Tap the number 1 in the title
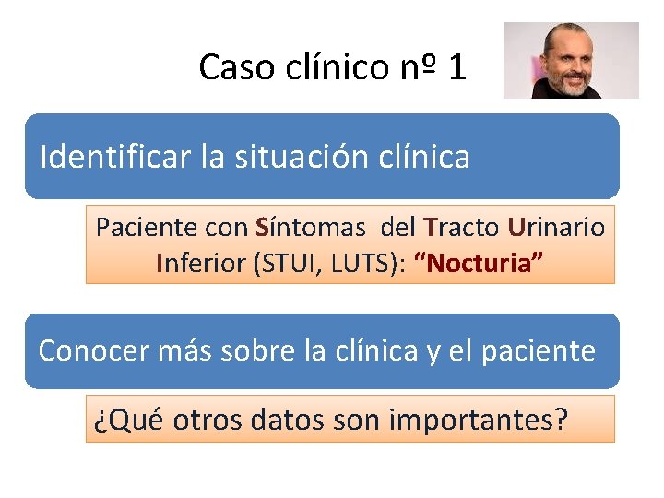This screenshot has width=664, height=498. click(x=457, y=66)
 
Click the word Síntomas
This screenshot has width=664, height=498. click(x=311, y=227)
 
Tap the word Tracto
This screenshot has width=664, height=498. click(x=461, y=227)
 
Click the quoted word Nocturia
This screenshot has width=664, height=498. click(x=480, y=264)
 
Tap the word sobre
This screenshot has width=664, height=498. click(x=259, y=350)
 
